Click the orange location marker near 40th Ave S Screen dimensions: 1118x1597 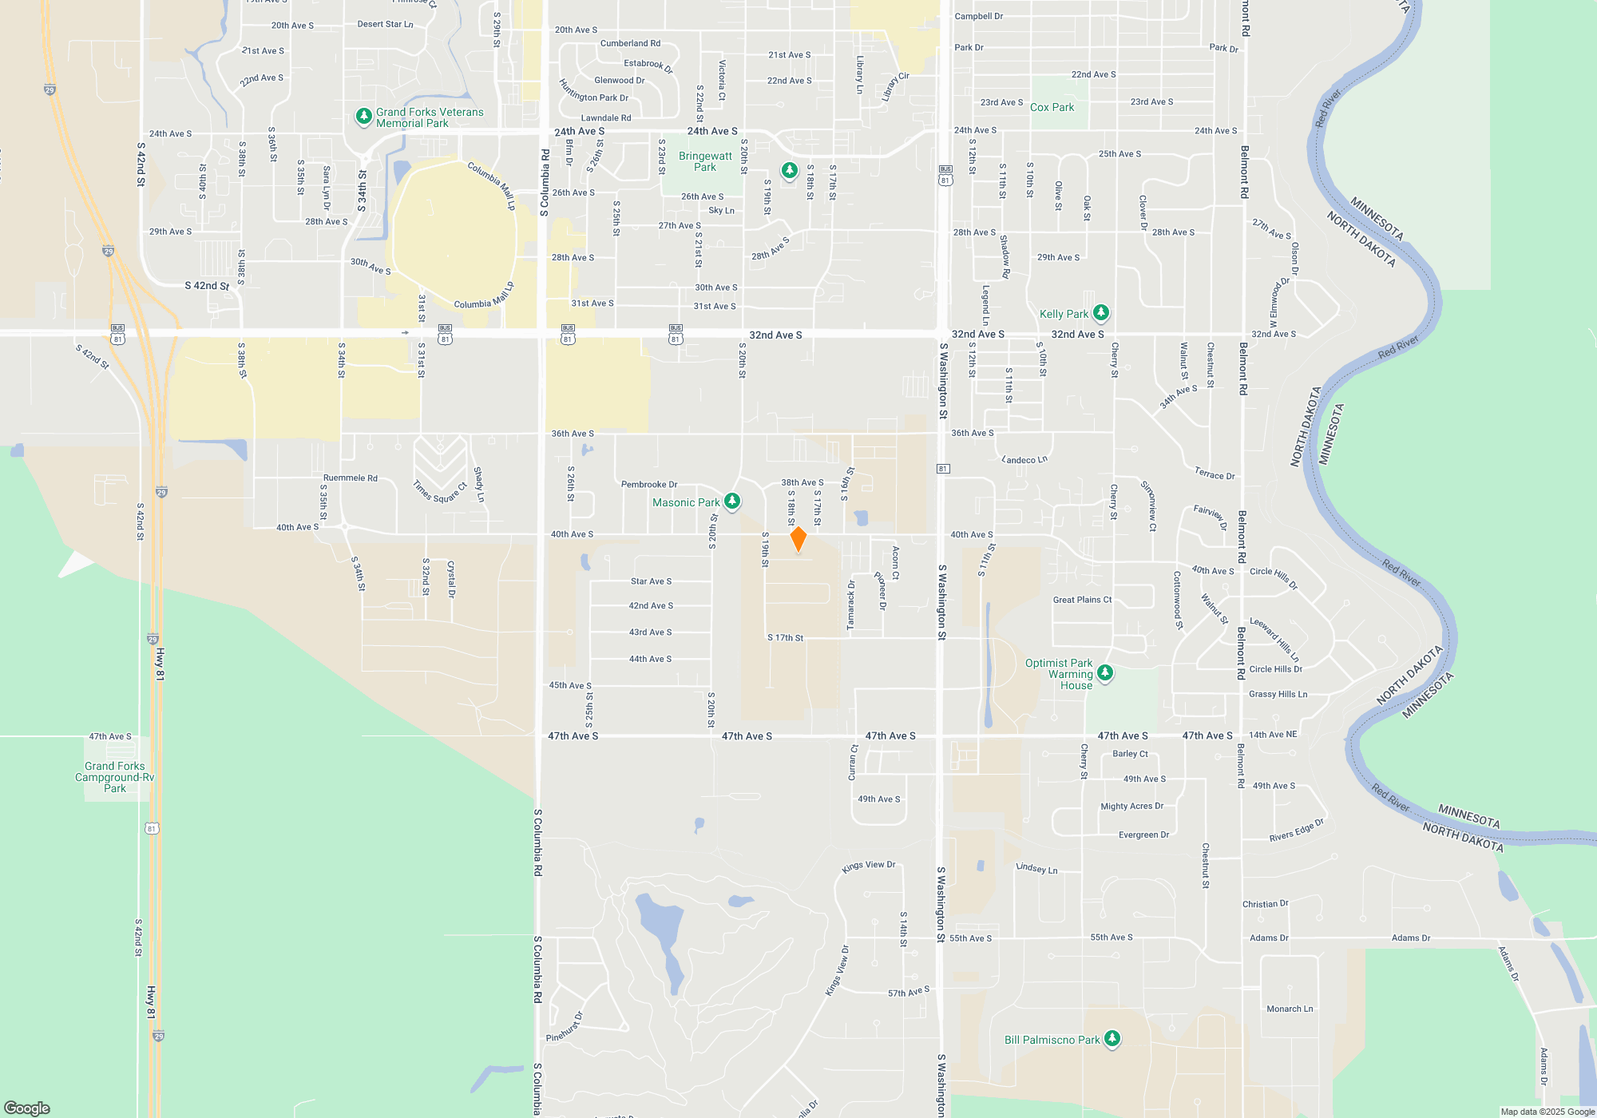click(x=798, y=539)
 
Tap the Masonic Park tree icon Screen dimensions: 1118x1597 click(x=731, y=502)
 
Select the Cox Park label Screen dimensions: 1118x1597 click(x=1052, y=107)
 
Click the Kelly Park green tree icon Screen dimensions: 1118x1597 click(x=1101, y=312)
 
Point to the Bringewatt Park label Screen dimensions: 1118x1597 click(x=705, y=161)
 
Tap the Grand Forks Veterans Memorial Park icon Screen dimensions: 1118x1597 click(x=363, y=117)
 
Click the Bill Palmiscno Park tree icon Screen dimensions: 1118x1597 click(x=1112, y=1039)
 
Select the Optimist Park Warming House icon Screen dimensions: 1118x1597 click(x=1105, y=673)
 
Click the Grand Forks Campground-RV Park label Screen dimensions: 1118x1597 click(x=115, y=777)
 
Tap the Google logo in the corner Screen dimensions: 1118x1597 click(x=27, y=1108)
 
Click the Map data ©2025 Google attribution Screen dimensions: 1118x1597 click(x=1547, y=1112)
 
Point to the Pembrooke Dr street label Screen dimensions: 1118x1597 click(x=649, y=484)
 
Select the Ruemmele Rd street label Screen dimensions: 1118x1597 click(x=351, y=478)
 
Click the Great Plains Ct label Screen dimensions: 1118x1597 click(x=1082, y=600)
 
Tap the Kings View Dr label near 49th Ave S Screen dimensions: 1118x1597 click(x=869, y=866)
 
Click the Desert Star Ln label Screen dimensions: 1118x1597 click(x=386, y=24)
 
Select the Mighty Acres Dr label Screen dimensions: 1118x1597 click(x=1131, y=807)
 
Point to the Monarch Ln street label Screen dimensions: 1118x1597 click(x=1290, y=1009)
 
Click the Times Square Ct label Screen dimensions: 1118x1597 click(x=440, y=492)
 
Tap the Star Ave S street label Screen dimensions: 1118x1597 click(x=651, y=581)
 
